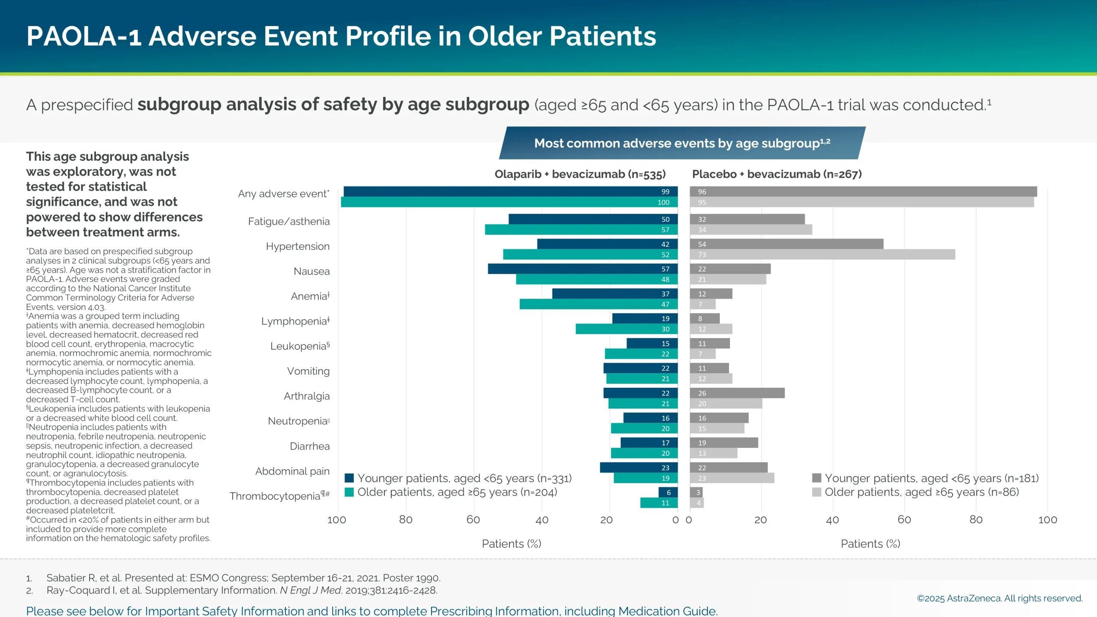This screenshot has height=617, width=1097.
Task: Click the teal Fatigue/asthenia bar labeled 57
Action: pyautogui.click(x=581, y=230)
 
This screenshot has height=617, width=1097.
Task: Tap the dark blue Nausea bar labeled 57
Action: pyautogui.click(x=582, y=269)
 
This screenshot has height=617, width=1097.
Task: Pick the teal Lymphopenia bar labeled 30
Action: pyautogui.click(x=626, y=329)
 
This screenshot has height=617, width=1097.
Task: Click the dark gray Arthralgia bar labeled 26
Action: pyautogui.click(x=737, y=393)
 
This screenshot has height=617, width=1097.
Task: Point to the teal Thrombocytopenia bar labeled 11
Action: pyautogui.click(x=659, y=503)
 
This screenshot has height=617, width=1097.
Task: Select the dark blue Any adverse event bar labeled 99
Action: pyautogui.click(x=510, y=192)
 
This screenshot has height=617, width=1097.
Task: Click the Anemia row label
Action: pyautogui.click(x=310, y=296)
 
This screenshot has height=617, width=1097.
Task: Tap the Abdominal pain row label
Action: pyautogui.click(x=292, y=471)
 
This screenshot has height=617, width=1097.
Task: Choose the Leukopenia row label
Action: pyautogui.click(x=300, y=346)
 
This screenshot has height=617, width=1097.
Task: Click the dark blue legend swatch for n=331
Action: pyautogui.click(x=349, y=478)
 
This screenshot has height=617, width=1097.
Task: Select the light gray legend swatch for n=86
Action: pyautogui.click(x=816, y=492)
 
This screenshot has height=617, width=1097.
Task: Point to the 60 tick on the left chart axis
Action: pyautogui.click(x=473, y=520)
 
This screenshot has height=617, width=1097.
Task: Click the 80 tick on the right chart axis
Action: pyautogui.click(x=976, y=520)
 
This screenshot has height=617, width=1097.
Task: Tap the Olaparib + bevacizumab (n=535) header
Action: pyautogui.click(x=580, y=174)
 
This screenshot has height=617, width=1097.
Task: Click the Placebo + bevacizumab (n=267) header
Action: pyautogui.click(x=776, y=174)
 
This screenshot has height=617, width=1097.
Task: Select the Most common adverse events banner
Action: pyautogui.click(x=682, y=143)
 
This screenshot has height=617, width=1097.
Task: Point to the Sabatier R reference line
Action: pyautogui.click(x=243, y=578)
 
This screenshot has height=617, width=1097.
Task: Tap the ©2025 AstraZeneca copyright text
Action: pyautogui.click(x=999, y=598)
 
